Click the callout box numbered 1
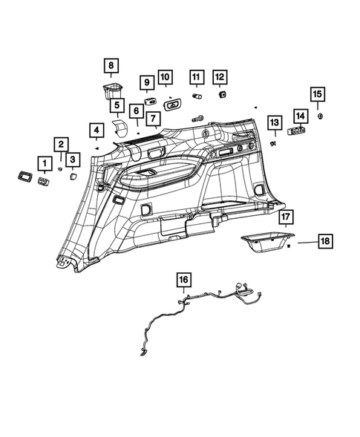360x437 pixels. coord(45,162)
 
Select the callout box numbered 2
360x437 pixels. coord(62,145)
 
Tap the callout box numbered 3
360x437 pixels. coord(72,159)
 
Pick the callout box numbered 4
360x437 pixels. coord(96,132)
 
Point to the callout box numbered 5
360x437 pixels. coord(117,106)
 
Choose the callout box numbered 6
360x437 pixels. coord(137,111)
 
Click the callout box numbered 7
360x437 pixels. coord(152,119)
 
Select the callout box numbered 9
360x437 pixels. coord(146,82)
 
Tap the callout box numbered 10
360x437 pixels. coord(165,77)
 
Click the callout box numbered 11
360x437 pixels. coord(196,77)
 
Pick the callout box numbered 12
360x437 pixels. coord(220,76)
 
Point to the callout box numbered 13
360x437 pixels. coord(274,122)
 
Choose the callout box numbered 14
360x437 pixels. coord(300,116)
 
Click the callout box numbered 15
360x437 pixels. coord(317,94)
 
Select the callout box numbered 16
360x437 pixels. coord(183,280)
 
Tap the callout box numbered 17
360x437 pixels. coord(287,217)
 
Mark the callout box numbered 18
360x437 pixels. coord(324,241)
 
